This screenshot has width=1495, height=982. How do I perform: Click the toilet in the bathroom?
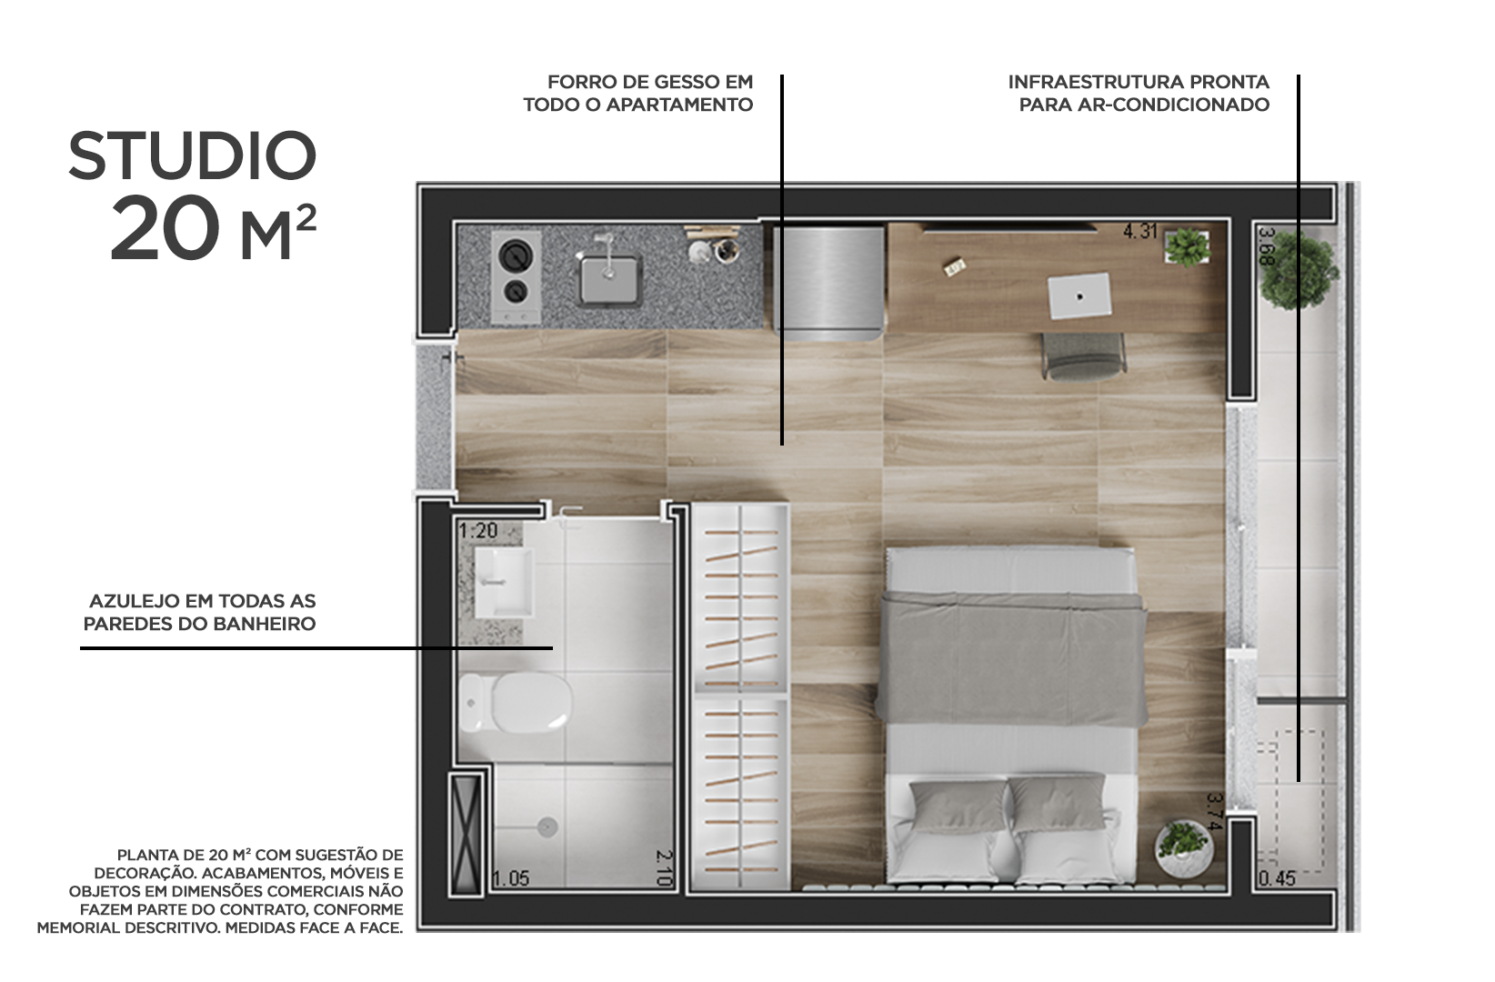point(516,703)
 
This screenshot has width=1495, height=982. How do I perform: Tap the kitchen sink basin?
point(609,279)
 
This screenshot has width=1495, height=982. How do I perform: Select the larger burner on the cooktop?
point(517,256)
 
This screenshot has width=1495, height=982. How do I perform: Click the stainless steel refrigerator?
point(829,283)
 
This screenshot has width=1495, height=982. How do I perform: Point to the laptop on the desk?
point(1079,295)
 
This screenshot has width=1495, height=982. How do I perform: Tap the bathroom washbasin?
point(504,583)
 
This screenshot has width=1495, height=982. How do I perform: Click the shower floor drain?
point(547,827)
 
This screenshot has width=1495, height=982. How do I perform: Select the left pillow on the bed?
point(958,808)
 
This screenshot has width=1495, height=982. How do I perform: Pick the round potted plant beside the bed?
point(1184,848)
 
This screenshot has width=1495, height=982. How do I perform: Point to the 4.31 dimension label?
point(1140,232)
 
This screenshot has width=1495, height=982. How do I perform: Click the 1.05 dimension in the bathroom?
point(510,878)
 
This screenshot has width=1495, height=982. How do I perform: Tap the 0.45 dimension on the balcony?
point(1277,878)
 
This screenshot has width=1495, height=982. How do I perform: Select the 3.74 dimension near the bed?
point(1214,812)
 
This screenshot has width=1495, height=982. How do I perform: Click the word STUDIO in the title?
point(192,155)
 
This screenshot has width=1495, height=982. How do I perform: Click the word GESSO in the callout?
point(684,82)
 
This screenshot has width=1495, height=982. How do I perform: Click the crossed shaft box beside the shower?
point(466,836)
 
